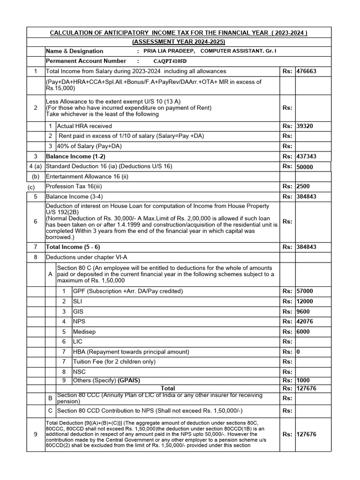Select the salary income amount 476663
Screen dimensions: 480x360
[307, 71]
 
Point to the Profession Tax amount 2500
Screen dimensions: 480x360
[303, 187]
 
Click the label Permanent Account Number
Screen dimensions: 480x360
[86, 61]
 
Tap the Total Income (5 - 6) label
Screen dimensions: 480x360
[73, 247]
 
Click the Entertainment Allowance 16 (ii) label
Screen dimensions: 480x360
[87, 177]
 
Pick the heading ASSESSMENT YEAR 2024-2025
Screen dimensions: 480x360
[179, 42]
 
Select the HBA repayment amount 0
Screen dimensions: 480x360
[298, 352]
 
